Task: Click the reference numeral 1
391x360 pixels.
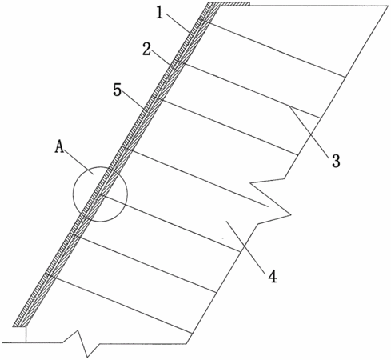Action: (159, 13)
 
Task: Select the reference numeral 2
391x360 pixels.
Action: (146, 49)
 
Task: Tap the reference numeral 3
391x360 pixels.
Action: (336, 161)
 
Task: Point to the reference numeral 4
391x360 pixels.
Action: (273, 276)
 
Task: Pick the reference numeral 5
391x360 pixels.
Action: (118, 90)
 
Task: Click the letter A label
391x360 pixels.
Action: (59, 146)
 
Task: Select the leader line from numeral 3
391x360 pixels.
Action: (311, 130)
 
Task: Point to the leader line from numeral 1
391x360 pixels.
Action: (179, 23)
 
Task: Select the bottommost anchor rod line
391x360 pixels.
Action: (119, 303)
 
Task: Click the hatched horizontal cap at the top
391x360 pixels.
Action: (229, 4)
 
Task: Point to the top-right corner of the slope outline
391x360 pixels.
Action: (389, 6)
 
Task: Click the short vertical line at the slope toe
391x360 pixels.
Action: (26, 334)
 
